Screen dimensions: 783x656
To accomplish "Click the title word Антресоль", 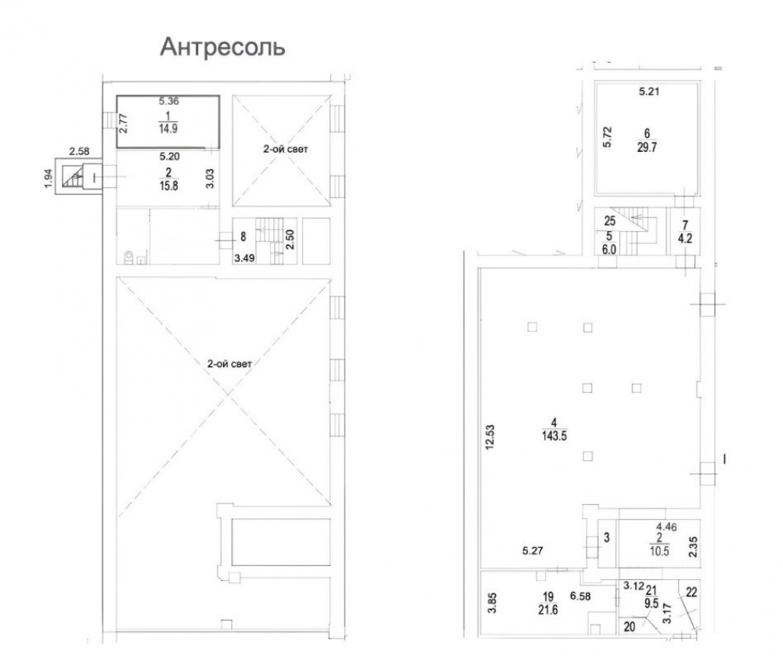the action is (222, 48).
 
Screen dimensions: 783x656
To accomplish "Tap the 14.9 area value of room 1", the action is (168, 128).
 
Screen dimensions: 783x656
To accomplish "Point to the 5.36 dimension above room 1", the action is (169, 101).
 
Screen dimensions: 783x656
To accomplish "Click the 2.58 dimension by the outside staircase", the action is (79, 151).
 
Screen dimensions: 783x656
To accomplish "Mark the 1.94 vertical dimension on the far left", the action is (49, 178).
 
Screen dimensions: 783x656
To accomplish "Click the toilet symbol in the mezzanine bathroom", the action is (129, 257).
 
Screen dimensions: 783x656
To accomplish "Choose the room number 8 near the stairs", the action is (244, 236).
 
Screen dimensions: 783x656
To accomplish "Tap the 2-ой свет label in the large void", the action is (229, 364).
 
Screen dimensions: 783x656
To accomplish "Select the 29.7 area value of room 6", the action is (647, 147).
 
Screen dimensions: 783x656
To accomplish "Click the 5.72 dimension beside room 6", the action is (607, 137).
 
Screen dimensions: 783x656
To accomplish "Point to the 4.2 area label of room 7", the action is (685, 238).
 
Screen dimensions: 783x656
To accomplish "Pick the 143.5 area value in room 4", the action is (554, 436).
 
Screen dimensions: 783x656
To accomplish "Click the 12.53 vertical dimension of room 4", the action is (490, 437).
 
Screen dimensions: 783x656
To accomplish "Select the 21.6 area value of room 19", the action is (548, 609).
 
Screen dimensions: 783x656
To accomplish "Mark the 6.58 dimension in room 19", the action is (580, 596).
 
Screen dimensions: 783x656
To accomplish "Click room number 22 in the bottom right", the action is (691, 592).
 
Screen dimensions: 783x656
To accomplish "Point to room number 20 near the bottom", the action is (630, 626).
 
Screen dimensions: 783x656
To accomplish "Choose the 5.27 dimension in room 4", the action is (532, 550).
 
